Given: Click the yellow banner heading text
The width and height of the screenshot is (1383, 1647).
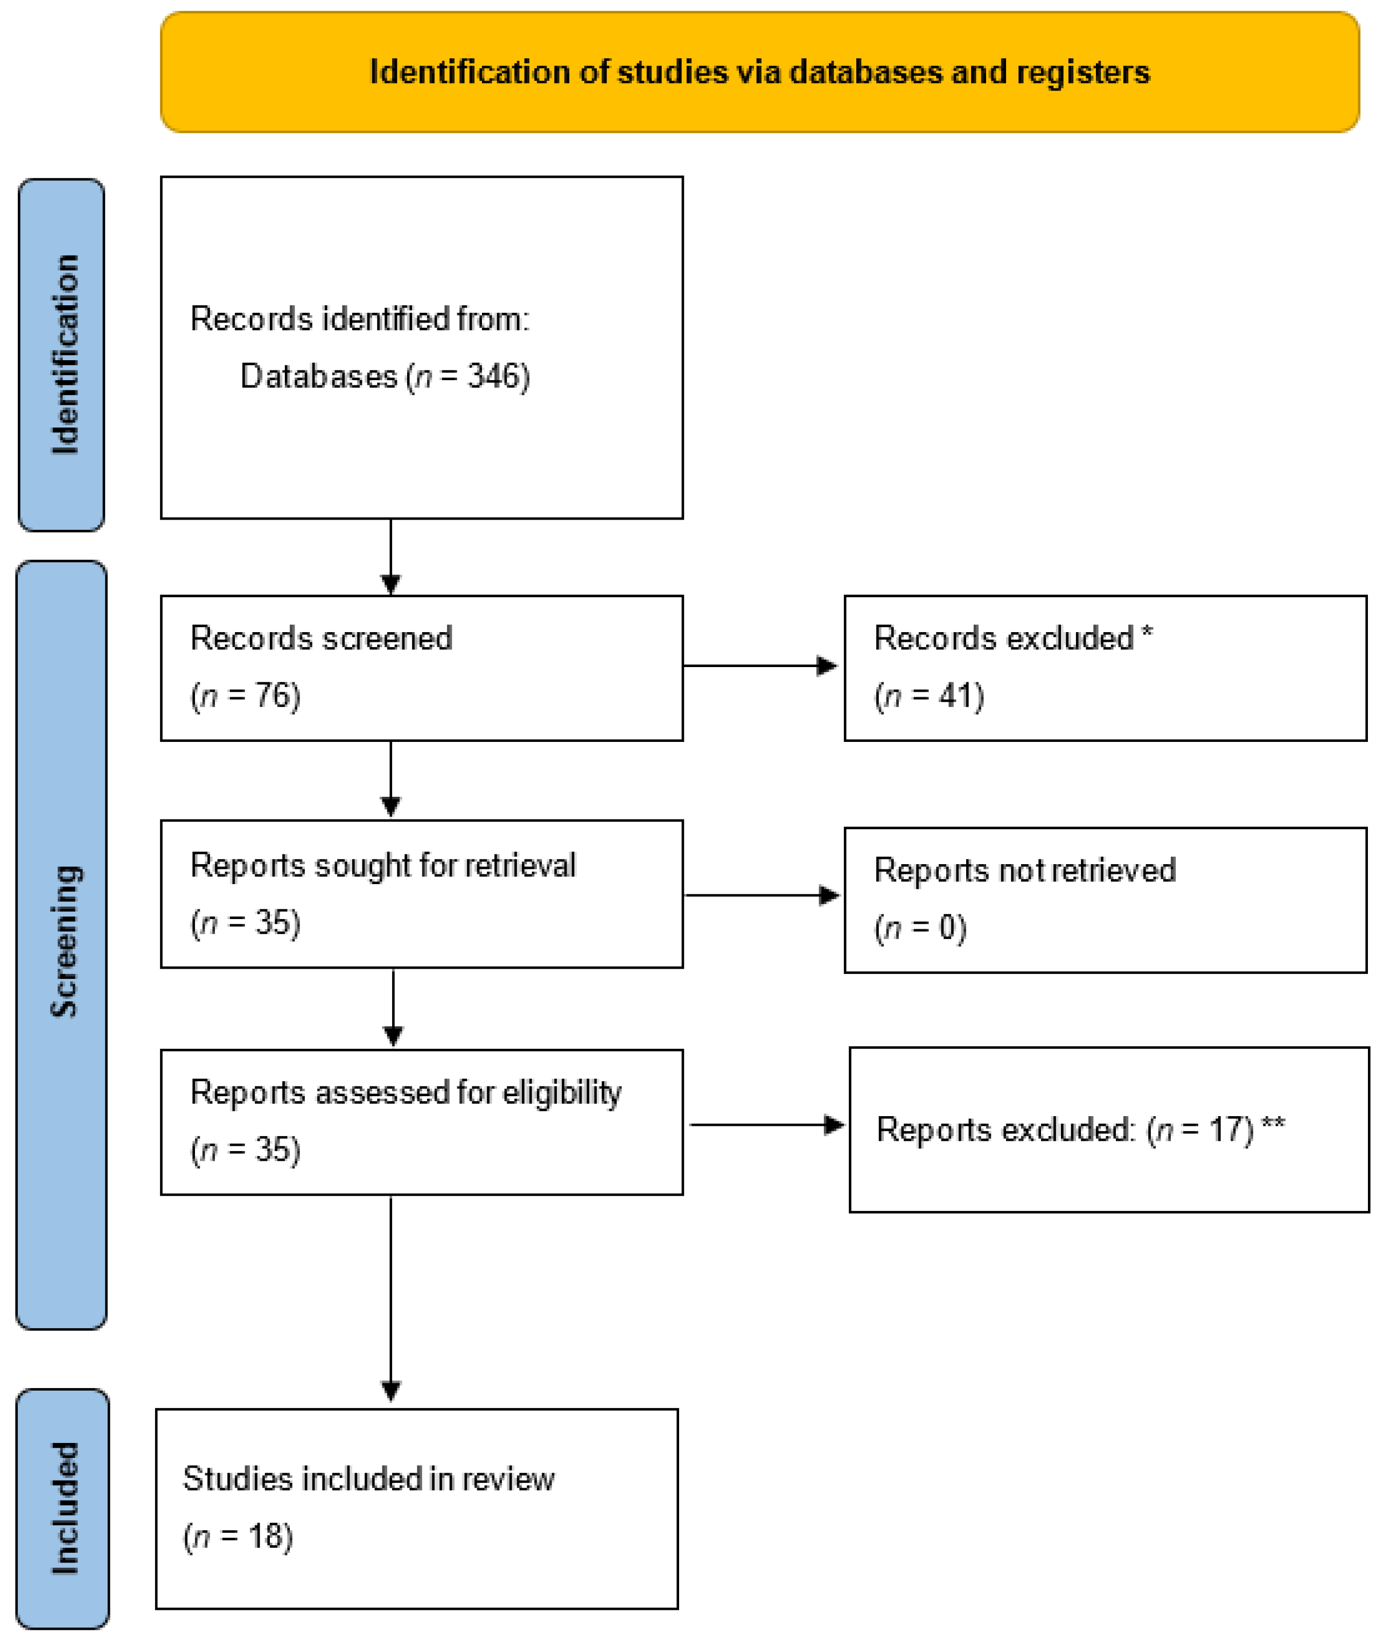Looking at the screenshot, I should tap(759, 72).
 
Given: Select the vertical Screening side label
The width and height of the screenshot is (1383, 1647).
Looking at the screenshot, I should tap(64, 941).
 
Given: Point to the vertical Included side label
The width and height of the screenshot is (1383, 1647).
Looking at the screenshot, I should tap(64, 1508).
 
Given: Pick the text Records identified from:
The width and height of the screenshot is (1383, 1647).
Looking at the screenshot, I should tap(359, 319).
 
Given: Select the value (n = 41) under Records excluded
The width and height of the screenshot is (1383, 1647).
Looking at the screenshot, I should tap(929, 696).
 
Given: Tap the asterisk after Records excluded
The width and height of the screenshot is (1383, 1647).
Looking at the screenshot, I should tap(1147, 632).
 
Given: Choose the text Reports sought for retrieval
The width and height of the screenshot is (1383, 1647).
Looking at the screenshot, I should tap(383, 866).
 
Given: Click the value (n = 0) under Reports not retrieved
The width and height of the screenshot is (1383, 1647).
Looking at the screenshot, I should tap(920, 927).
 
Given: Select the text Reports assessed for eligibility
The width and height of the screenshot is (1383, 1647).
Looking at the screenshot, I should tap(406, 1092).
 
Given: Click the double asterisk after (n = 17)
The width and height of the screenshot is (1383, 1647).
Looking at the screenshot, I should tap(1273, 1125).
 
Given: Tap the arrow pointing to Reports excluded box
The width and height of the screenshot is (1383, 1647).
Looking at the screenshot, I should tap(766, 1125).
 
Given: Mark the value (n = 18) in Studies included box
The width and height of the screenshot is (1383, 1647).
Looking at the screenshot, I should tap(238, 1537).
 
